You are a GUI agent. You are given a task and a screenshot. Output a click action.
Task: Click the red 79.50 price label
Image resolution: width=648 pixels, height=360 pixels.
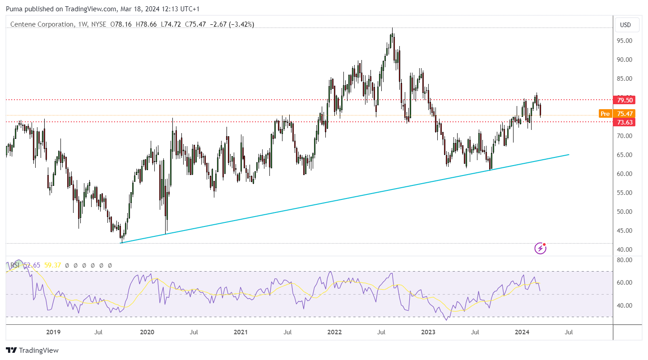(x=624, y=100)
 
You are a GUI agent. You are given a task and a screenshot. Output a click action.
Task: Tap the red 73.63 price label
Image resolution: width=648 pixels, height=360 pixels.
(x=624, y=122)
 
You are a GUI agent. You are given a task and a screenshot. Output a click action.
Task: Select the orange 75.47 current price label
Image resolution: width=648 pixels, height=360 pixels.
(x=624, y=114)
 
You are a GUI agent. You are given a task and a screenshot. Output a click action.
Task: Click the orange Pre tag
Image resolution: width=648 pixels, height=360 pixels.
(x=605, y=114)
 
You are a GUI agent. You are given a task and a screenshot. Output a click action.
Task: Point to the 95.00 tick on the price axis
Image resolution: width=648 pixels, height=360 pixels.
(x=625, y=41)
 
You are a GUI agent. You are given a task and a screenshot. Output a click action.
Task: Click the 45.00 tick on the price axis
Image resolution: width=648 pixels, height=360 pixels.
(x=625, y=231)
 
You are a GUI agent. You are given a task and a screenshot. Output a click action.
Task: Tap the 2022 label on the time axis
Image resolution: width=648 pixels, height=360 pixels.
(x=334, y=332)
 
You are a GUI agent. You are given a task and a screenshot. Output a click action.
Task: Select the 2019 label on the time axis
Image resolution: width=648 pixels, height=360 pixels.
(x=53, y=332)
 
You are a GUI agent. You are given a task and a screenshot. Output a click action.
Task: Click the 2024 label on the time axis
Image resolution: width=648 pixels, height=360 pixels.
(x=522, y=332)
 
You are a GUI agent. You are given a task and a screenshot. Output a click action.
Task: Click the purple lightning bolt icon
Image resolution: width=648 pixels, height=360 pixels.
(x=540, y=249)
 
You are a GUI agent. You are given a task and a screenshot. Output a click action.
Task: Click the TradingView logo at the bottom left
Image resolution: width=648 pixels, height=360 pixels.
(x=32, y=350)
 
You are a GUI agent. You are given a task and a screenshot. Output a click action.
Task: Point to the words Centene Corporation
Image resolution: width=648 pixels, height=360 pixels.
(x=42, y=24)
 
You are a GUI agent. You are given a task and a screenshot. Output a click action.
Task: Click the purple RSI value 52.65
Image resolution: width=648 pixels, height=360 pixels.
(x=32, y=265)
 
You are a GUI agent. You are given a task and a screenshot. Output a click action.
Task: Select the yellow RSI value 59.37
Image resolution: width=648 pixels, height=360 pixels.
(x=53, y=265)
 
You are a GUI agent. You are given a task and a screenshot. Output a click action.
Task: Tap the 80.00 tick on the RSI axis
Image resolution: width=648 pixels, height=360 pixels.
(x=625, y=260)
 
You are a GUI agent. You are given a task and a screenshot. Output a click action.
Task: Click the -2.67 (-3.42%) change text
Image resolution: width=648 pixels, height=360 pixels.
(x=231, y=24)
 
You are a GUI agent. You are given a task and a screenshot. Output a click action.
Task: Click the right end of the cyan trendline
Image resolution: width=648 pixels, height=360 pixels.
(x=569, y=155)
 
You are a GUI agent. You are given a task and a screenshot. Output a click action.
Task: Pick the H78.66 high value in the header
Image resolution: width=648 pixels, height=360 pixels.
(x=146, y=24)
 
